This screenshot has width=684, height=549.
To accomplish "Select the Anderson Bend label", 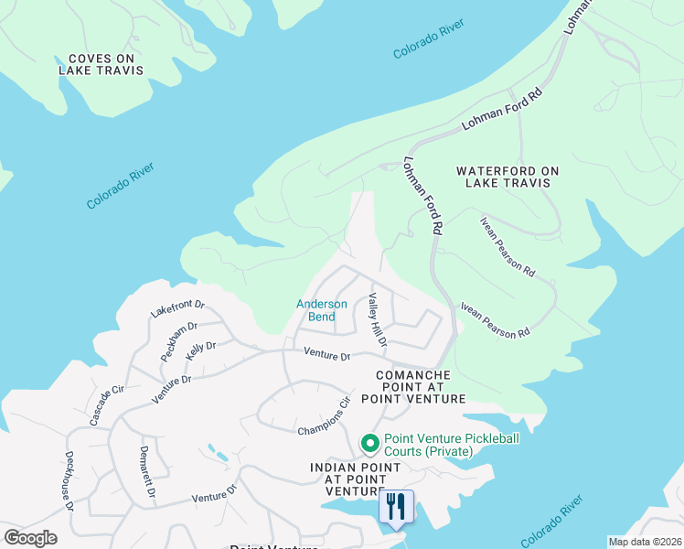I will pos(322,310).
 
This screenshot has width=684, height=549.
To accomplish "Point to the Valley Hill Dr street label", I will pos(377,320).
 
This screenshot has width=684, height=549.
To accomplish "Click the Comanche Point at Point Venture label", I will pos(413,387).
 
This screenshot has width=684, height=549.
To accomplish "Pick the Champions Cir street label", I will pos(325,416).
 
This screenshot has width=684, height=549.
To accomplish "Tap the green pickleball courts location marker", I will pos(370,445).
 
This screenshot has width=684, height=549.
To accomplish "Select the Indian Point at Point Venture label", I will pos(355,479).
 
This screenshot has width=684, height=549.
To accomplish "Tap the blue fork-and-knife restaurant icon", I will pos(396,507).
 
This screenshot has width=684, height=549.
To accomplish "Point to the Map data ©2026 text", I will pos(645,542).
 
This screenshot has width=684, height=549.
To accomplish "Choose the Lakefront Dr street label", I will pos(177,309).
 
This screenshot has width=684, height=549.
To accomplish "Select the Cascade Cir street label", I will pos(106,405).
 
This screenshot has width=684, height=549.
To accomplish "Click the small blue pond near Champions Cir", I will pos(219,453).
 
